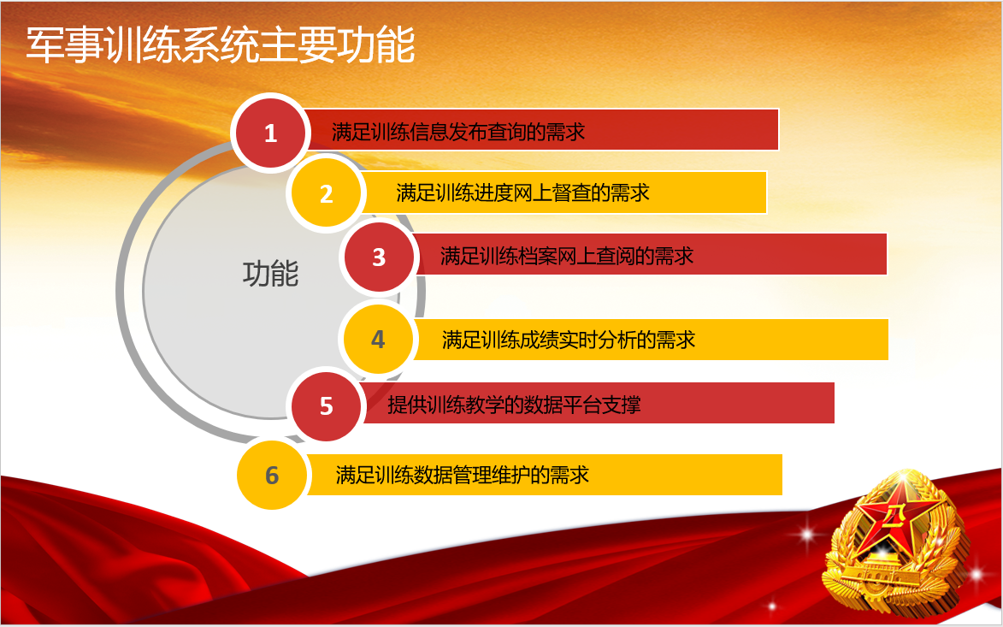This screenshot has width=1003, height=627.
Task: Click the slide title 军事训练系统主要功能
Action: click(x=221, y=45)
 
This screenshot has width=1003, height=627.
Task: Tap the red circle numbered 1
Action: click(x=270, y=133)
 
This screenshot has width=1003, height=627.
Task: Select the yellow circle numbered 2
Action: click(x=327, y=193)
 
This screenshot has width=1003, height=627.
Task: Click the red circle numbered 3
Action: click(x=379, y=257)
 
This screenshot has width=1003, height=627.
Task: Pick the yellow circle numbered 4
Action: click(x=378, y=339)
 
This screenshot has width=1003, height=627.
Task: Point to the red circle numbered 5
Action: click(x=327, y=406)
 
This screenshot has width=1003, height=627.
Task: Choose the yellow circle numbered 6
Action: click(x=272, y=476)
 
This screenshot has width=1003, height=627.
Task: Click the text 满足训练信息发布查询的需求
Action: click(x=458, y=132)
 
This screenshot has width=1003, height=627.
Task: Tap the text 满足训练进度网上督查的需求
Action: click(x=522, y=192)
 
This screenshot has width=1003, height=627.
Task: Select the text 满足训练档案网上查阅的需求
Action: click(x=567, y=256)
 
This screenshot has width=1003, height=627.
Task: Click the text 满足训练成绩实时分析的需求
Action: click(x=568, y=340)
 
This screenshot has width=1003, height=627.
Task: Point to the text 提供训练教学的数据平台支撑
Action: click(x=514, y=405)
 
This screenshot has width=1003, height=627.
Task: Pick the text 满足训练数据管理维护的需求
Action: click(x=462, y=475)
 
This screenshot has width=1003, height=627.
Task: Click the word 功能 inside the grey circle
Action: click(x=270, y=274)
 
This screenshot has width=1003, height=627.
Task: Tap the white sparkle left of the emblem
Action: click(x=807, y=532)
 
